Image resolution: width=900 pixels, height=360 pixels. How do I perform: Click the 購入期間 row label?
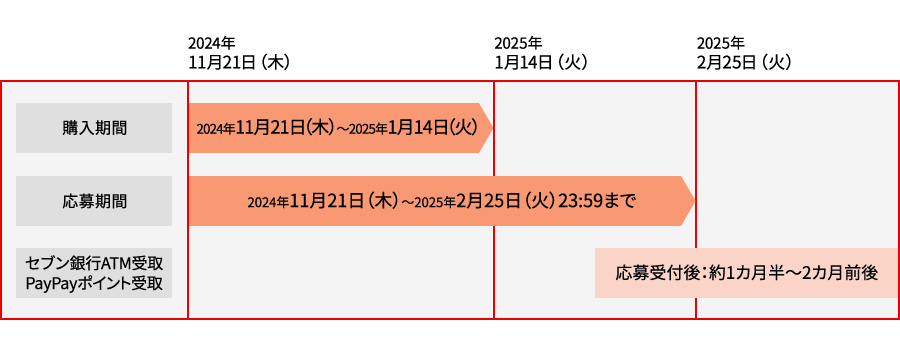pos(94,128)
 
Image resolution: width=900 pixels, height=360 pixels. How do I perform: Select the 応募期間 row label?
pos(94,200)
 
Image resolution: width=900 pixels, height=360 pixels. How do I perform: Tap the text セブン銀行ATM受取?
pos(94,264)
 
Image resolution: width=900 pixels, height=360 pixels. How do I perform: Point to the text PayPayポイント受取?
pos(94,283)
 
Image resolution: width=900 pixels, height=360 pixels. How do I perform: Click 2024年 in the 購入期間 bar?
pos(215,129)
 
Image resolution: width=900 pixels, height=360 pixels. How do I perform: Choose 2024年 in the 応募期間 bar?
pos(266,201)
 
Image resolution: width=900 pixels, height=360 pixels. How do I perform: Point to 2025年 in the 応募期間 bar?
pos(434,201)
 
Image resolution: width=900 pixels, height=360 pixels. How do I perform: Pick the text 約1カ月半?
pos(737,273)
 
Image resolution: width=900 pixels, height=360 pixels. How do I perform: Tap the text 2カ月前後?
pos(839,273)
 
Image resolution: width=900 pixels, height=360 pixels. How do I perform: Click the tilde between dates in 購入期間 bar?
pos(340,129)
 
